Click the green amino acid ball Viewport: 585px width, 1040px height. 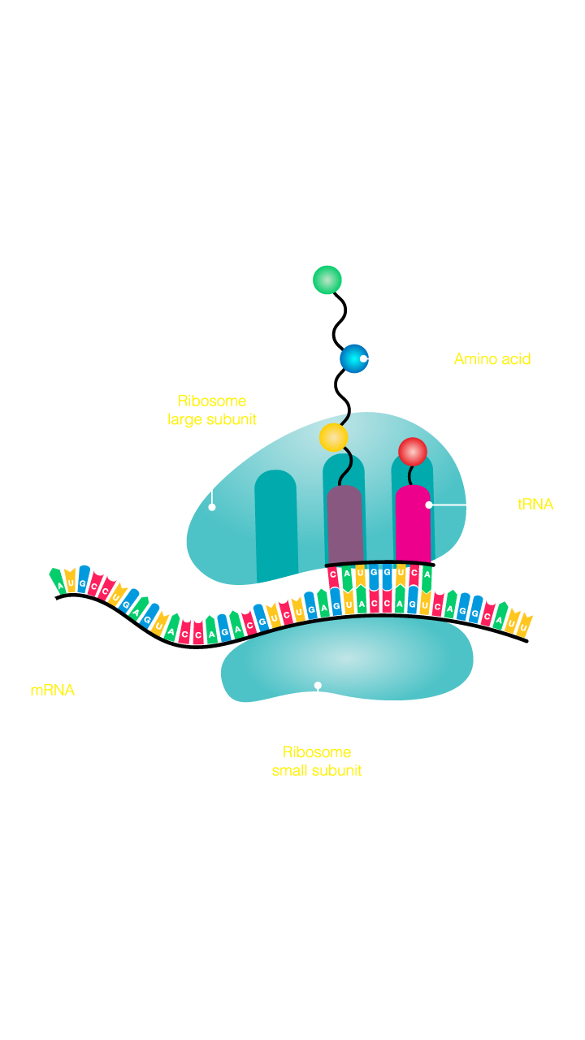(327, 279)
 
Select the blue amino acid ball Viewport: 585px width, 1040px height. (353, 358)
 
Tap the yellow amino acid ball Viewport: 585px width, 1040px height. (333, 437)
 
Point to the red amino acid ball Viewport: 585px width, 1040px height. (413, 452)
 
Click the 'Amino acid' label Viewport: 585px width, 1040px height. (492, 359)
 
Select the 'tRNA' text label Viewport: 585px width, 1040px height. (535, 505)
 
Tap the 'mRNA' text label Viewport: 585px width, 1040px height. (52, 690)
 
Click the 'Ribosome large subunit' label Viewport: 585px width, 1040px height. (212, 410)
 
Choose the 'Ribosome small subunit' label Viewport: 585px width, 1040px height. (317, 761)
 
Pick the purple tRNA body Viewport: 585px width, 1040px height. (345, 524)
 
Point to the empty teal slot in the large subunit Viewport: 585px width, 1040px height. (276, 520)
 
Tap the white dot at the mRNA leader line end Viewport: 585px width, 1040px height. (53, 600)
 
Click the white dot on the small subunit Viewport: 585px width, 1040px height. (318, 685)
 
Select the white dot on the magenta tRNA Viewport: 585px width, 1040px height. (429, 505)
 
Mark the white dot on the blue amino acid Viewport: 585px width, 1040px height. (363, 358)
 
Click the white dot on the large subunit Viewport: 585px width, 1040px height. (212, 507)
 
